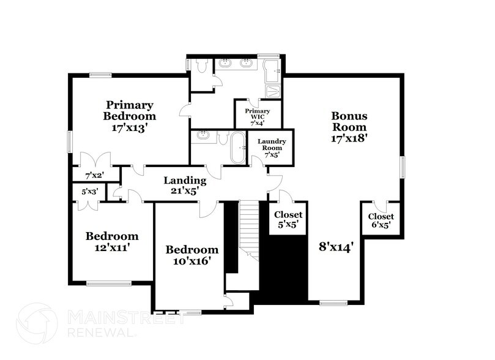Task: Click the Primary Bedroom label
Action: coord(130,110)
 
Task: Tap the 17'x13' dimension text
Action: coord(130,129)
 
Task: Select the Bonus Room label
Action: coord(349,121)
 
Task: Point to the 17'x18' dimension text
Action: coord(349,138)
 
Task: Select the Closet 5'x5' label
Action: coord(288,219)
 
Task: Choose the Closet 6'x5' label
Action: coord(381,220)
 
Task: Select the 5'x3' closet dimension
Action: coord(89,192)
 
